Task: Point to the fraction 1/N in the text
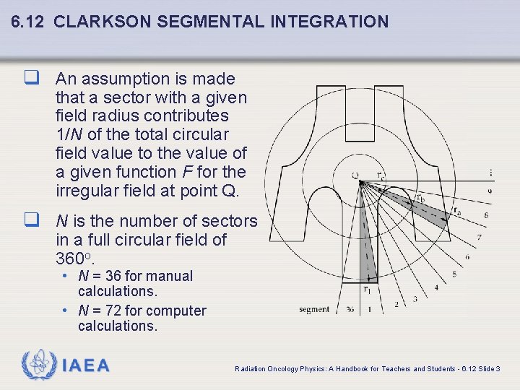tap(69, 134)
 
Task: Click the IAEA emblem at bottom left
tap(37, 365)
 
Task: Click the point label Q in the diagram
tap(355, 175)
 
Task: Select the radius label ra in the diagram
tap(456, 211)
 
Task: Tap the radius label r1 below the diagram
tap(367, 290)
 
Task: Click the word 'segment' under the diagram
tap(314, 310)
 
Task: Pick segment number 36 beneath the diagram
tap(350, 310)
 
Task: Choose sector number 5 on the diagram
tap(454, 274)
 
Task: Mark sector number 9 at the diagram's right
tap(489, 191)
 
